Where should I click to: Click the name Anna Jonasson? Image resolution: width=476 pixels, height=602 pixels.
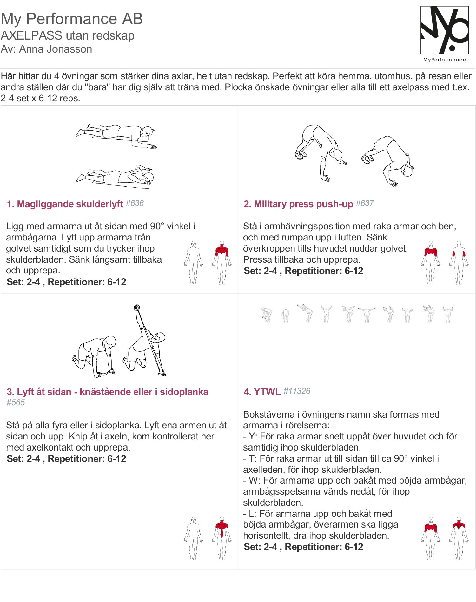(x=56, y=49)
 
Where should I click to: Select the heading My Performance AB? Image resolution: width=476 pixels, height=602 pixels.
(x=72, y=19)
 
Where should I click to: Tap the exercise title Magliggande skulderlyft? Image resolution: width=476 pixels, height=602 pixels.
(x=65, y=204)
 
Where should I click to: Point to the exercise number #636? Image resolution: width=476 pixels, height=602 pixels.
(x=135, y=203)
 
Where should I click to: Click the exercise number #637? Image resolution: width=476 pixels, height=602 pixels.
(x=365, y=203)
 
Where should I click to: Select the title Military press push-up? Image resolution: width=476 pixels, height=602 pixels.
(x=298, y=204)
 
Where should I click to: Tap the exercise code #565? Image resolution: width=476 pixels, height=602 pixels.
(x=16, y=402)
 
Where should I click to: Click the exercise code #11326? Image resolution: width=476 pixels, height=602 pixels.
(x=297, y=391)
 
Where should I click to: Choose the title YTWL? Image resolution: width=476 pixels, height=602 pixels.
(x=262, y=392)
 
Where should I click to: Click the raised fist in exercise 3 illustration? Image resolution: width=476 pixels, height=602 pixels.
(x=137, y=307)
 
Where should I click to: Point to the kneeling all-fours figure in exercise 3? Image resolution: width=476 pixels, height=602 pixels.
(x=94, y=355)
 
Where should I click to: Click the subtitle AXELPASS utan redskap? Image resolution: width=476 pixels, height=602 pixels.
(x=68, y=35)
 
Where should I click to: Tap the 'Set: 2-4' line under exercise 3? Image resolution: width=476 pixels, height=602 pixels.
(x=66, y=458)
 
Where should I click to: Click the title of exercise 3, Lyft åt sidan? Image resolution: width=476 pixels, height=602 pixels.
(x=107, y=392)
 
